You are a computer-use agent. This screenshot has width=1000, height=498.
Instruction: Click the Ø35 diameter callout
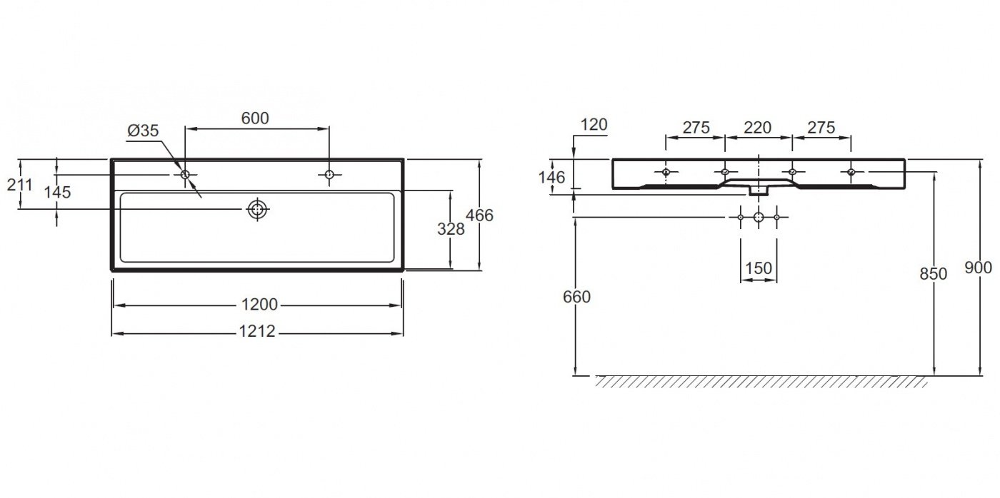coord(143,131)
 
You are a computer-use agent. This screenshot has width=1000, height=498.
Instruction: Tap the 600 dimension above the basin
coord(255,118)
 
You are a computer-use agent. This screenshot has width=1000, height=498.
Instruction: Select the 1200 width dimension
coord(259,305)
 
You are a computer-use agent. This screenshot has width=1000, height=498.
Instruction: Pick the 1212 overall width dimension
coord(257,331)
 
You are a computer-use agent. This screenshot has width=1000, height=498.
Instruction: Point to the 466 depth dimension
coord(479,215)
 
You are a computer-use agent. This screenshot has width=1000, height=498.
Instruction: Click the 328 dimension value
coord(451,229)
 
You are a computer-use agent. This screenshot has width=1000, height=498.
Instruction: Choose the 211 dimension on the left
coord(20,184)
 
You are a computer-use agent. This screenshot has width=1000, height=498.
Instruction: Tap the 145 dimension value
coord(58,192)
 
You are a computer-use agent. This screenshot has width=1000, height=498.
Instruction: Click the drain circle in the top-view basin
coord(258,209)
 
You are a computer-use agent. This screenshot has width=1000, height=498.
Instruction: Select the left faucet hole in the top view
coord(185,174)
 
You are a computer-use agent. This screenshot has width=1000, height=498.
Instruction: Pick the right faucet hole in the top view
coord(329,174)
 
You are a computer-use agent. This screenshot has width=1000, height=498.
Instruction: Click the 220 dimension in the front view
coord(758,128)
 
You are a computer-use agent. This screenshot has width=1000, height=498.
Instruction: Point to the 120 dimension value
coord(594,124)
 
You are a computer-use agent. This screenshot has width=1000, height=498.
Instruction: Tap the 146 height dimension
coord(551,177)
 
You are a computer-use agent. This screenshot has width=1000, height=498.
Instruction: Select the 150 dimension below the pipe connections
coord(759,268)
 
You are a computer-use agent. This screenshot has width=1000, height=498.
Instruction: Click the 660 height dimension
coord(577,297)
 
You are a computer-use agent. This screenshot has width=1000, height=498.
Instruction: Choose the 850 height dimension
coord(934,274)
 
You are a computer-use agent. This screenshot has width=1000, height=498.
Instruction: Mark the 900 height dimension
coord(979,268)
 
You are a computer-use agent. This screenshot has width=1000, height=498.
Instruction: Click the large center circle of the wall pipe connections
coord(759,217)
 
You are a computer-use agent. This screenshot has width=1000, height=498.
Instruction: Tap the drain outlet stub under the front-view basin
coord(758,190)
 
